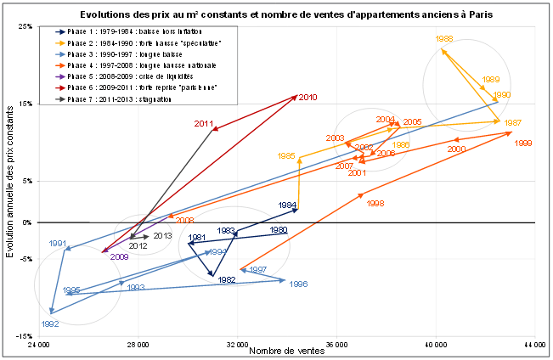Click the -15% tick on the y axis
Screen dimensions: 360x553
(x=25, y=336)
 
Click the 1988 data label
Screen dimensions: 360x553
(x=444, y=39)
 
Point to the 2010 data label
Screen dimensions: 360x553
(x=308, y=98)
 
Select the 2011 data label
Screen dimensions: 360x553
(x=203, y=123)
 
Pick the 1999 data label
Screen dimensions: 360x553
(x=523, y=143)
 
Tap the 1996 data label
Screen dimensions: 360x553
(x=297, y=284)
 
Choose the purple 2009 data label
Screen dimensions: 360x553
(x=119, y=256)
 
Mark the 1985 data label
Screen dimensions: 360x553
(x=286, y=156)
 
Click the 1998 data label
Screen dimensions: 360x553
(x=375, y=203)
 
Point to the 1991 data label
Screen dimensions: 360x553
(x=58, y=244)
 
